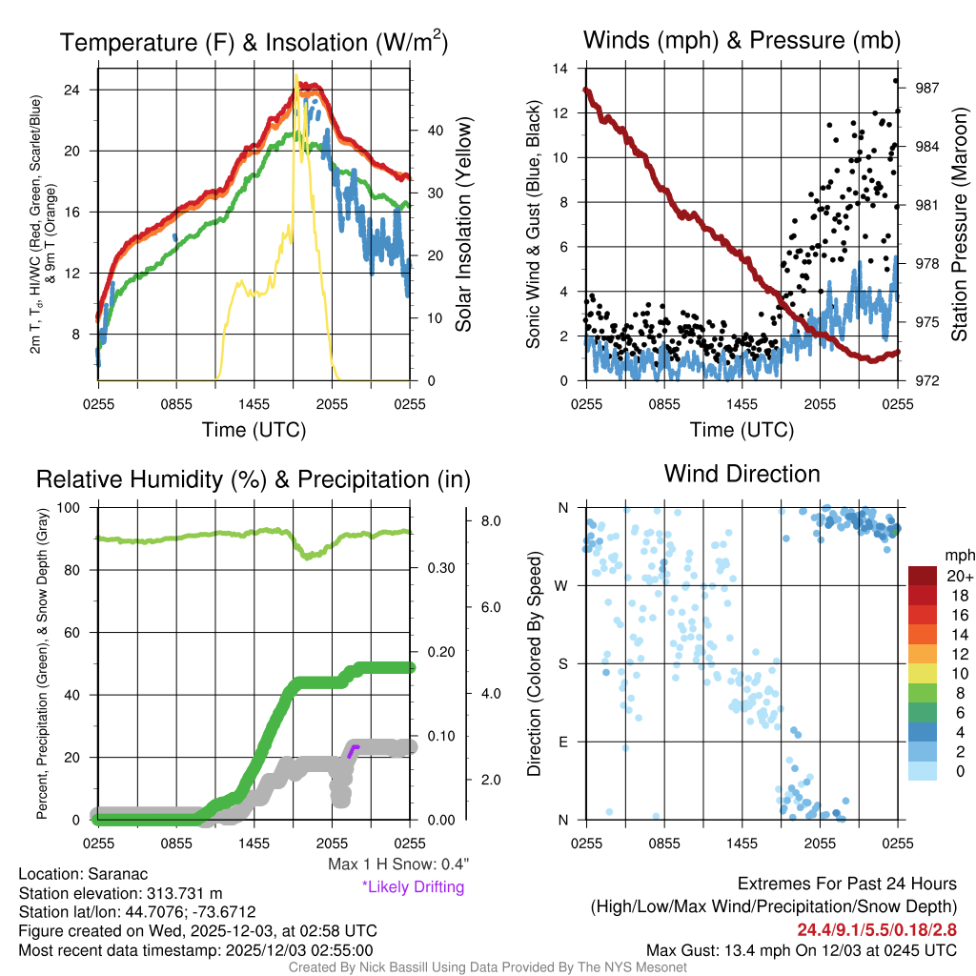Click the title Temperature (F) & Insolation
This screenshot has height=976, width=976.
[x=254, y=43]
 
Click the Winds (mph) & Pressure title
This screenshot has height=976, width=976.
[x=742, y=40]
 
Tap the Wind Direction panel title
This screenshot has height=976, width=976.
[x=742, y=474]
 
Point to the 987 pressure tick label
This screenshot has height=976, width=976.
[x=927, y=88]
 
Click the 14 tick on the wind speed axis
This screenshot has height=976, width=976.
[x=560, y=69]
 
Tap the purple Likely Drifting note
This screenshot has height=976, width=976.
[x=413, y=887]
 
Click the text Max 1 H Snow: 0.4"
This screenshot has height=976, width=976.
[x=398, y=864]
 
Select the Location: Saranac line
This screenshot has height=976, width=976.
[x=83, y=874]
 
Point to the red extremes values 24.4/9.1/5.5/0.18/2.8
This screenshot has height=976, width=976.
[x=877, y=928]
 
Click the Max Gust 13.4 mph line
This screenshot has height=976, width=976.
[x=801, y=949]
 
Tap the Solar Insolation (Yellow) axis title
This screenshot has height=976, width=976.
[x=464, y=224]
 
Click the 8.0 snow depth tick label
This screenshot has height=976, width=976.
[x=492, y=521]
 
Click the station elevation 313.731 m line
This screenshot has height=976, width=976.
[x=120, y=893]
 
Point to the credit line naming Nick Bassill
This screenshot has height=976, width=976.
[x=487, y=967]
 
